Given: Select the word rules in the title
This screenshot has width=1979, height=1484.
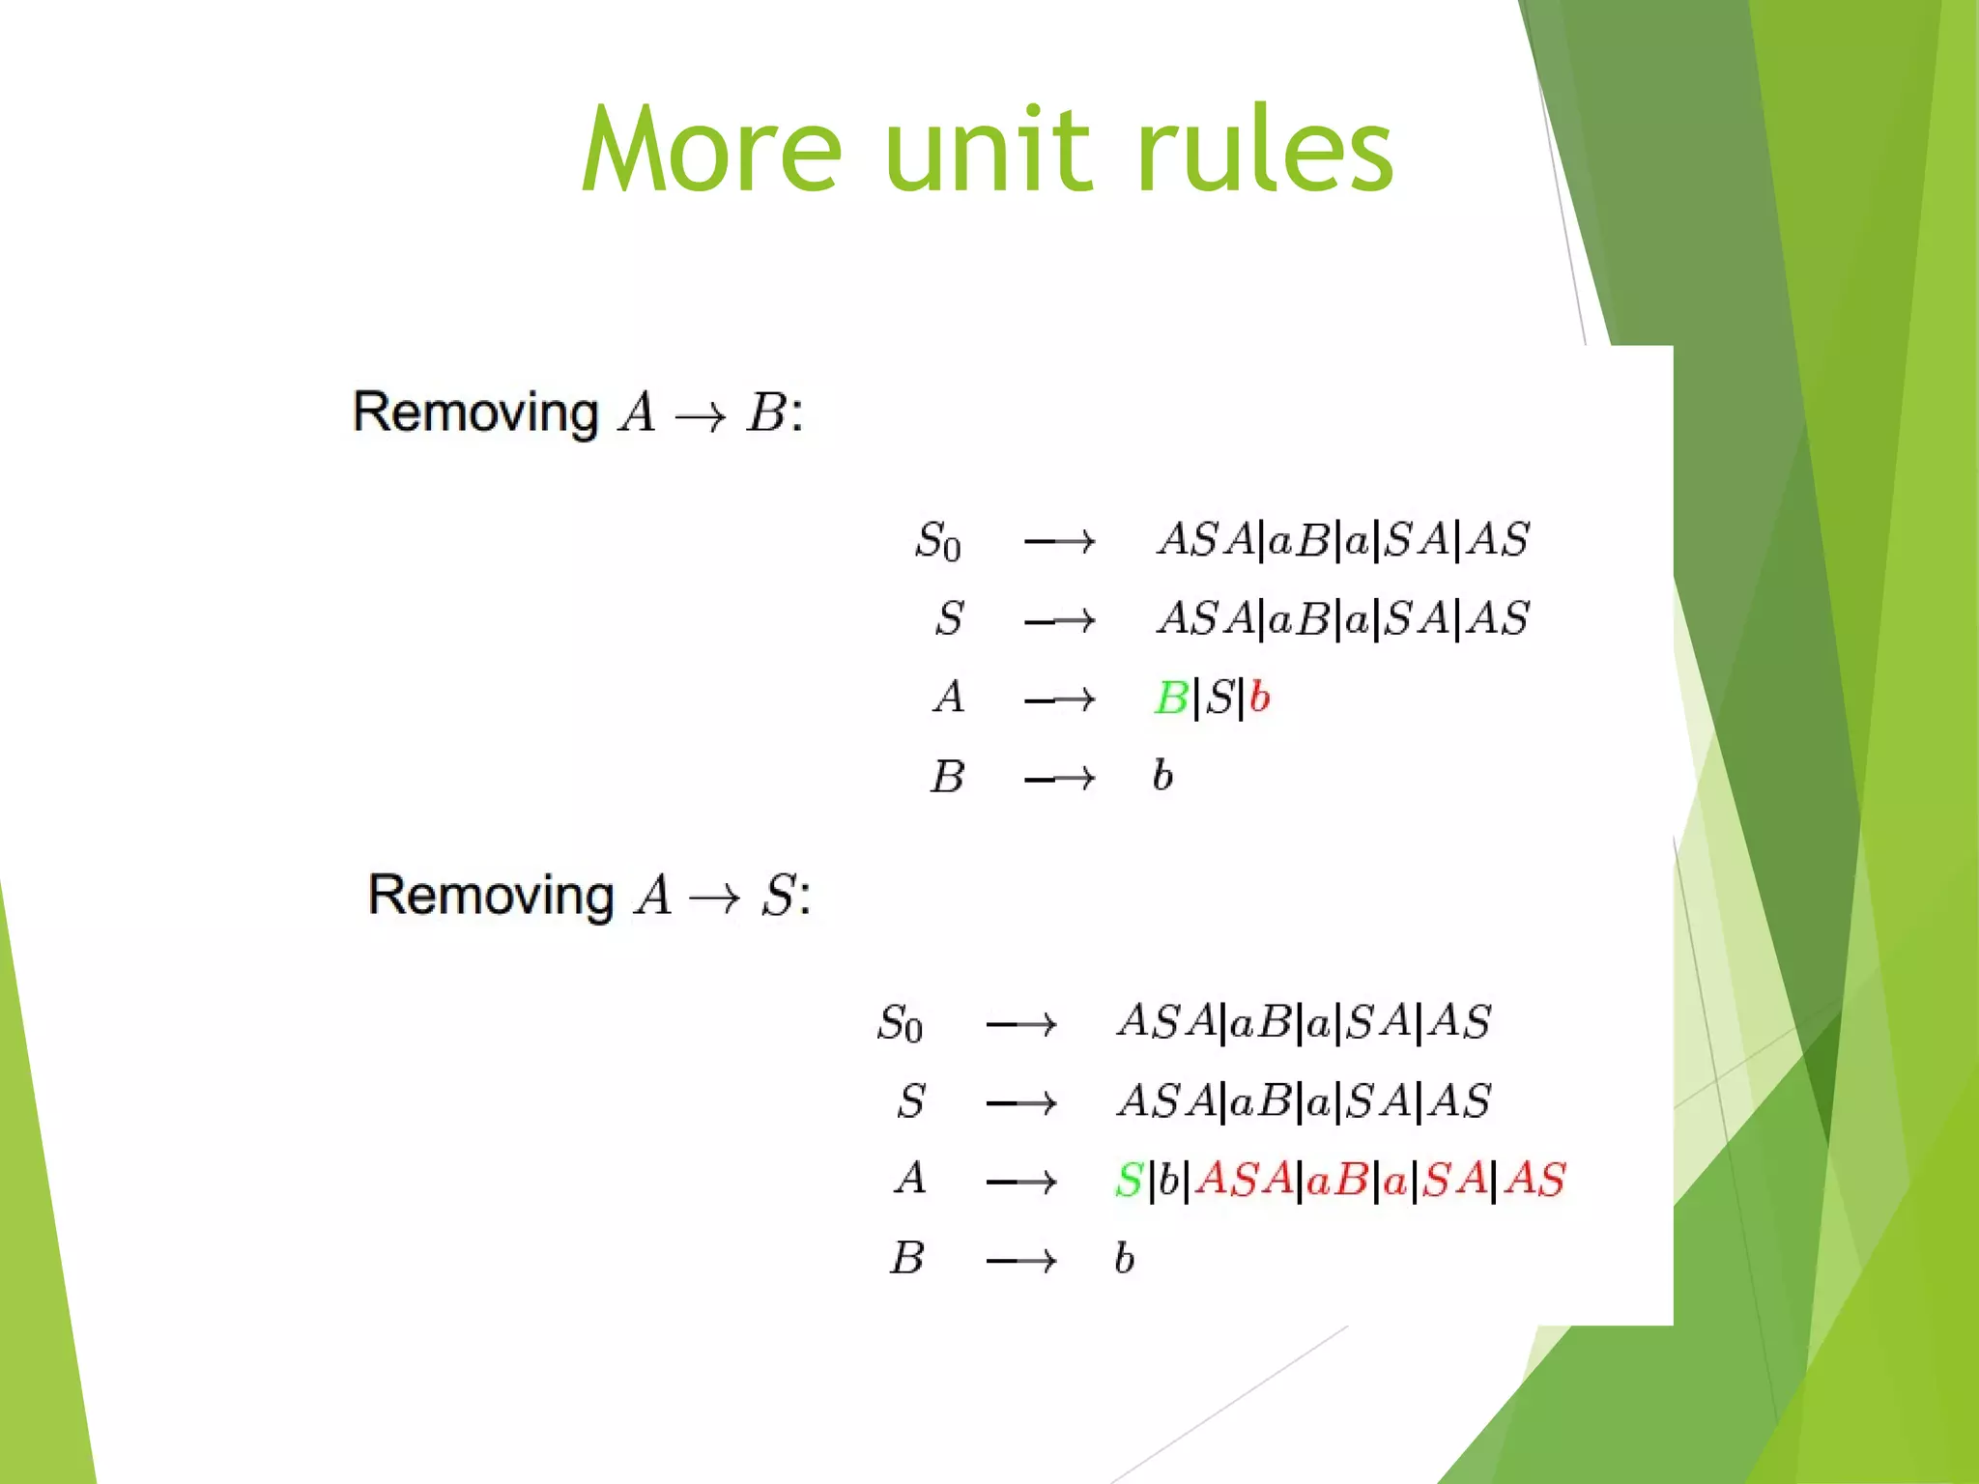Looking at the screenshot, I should coord(1265,150).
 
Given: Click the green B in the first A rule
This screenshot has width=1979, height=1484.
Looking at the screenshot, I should coord(1171,698).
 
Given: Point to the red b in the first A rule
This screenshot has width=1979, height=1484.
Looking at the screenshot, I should coord(1258,697).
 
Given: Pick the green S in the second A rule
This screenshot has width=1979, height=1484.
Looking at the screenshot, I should coord(1129,1180).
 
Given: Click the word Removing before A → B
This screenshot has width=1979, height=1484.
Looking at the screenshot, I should coord(475,414).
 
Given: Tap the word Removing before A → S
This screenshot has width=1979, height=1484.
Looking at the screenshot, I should coord(491,896).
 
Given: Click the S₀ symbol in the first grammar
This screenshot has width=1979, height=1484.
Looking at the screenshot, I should coord(937,541).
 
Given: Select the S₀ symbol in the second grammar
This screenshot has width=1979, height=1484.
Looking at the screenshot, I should coord(900,1023).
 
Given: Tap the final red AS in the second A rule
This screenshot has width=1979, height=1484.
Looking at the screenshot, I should coord(1534,1180).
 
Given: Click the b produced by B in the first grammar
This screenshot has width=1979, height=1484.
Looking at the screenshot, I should coord(1162,775).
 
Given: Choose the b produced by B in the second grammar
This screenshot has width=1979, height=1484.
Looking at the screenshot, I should coord(1124,1258).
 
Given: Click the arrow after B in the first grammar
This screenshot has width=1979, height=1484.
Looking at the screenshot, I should coord(1060,778).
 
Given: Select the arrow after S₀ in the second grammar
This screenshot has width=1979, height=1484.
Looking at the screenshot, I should coord(1021,1024).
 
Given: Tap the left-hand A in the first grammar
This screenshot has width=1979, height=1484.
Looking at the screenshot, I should coord(949,697).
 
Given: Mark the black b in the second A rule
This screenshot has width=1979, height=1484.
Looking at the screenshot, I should coord(1168,1179).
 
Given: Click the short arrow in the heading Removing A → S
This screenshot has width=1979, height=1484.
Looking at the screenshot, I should coord(714,899).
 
